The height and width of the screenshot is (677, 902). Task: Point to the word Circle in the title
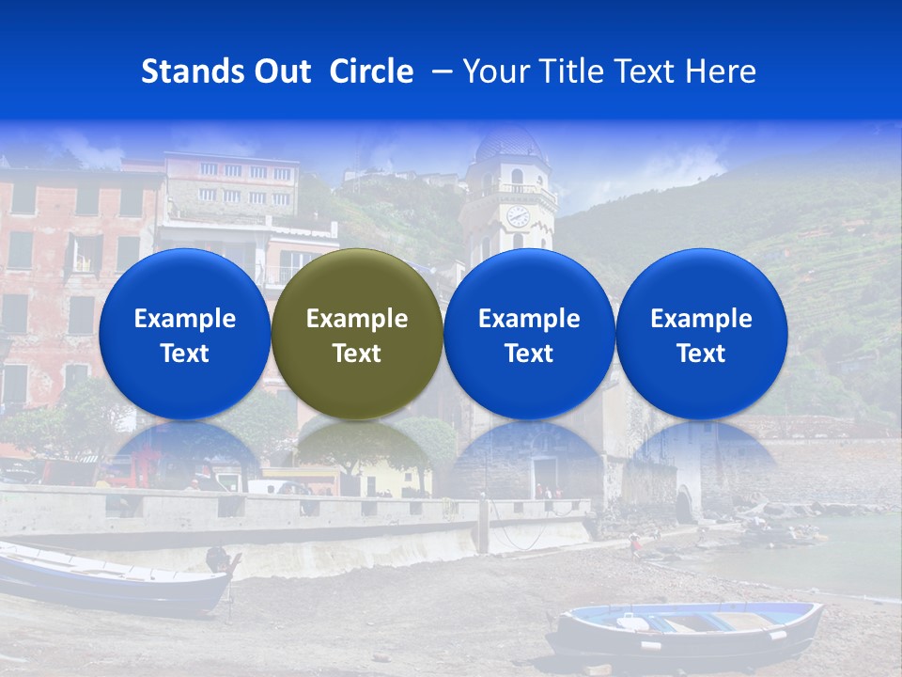tap(371, 71)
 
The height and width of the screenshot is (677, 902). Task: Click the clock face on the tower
tap(518, 215)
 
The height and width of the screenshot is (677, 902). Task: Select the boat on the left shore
tap(113, 578)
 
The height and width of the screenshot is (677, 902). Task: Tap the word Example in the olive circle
tap(357, 319)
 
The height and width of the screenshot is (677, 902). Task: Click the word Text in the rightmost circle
tap(701, 354)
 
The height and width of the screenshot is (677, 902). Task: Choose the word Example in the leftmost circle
tap(184, 319)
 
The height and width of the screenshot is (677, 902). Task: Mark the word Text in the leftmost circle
tap(184, 354)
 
